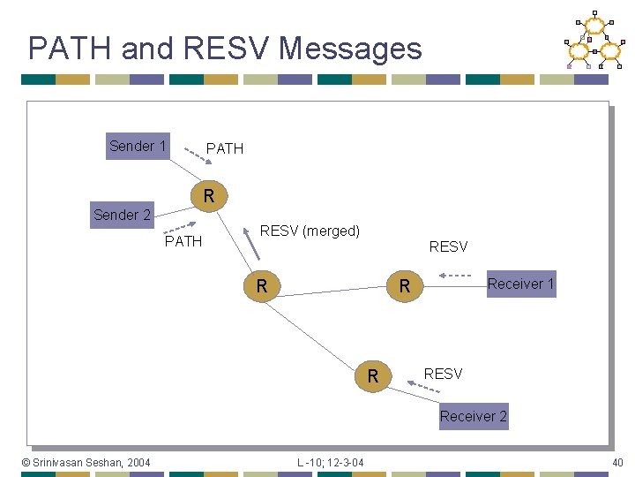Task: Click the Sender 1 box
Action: pos(138,146)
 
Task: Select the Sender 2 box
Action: pos(122,215)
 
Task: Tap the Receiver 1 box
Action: pos(521,284)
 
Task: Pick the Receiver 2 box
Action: pos(474,416)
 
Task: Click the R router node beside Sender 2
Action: pos(209,195)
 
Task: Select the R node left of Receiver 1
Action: pos(405,285)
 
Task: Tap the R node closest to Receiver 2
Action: pos(373,376)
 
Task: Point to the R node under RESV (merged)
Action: pos(262,285)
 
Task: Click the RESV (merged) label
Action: pos(310,231)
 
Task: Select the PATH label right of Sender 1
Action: pos(224,148)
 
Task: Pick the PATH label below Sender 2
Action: pos(183,241)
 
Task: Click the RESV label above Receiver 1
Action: pos(448,246)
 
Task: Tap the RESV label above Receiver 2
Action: pos(443,374)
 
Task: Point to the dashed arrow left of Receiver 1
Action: pos(456,276)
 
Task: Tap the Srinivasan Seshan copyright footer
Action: pos(86,462)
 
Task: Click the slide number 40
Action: pos(616,462)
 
